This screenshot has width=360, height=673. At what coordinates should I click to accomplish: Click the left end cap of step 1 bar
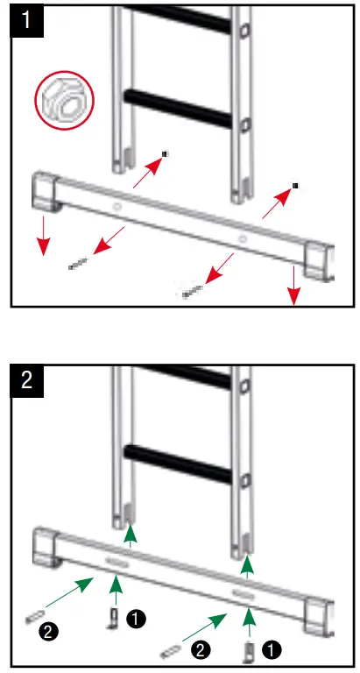45,192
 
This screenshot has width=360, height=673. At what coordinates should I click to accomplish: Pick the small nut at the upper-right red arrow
295,186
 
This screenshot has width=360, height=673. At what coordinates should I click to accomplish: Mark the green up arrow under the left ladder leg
130,534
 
